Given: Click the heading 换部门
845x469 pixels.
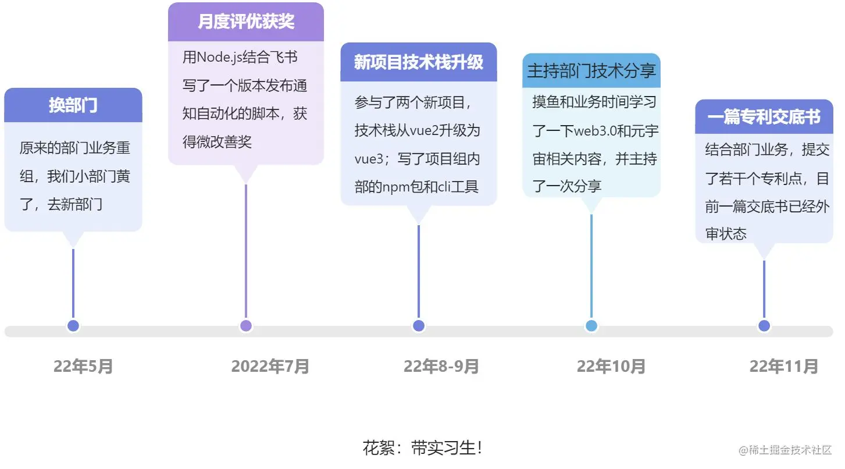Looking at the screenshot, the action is [x=73, y=105].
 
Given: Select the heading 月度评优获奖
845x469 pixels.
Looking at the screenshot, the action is [x=246, y=22].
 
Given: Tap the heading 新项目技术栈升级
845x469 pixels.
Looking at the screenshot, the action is [x=418, y=62].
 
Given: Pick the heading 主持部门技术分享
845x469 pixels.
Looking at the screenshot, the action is [x=591, y=71].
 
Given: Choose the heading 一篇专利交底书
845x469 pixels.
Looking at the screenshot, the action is [x=764, y=118].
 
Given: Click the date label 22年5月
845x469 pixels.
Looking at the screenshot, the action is [x=83, y=367].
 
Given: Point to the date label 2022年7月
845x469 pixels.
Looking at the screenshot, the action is [x=270, y=367].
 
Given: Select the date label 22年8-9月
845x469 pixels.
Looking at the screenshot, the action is [x=441, y=367].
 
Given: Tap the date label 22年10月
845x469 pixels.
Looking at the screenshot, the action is [x=611, y=367].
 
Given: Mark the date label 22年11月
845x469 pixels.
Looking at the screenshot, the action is [x=784, y=367].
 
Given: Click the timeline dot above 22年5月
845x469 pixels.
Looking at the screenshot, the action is [x=73, y=326].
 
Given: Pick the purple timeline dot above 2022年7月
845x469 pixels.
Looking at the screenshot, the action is [x=246, y=326].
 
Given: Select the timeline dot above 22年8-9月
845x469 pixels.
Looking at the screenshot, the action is [x=419, y=326].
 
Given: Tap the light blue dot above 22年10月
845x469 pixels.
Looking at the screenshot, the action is [x=591, y=326].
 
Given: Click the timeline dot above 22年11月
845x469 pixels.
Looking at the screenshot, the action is [x=764, y=326].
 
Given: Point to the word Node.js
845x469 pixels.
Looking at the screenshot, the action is [x=219, y=58].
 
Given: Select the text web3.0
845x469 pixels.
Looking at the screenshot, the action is [x=594, y=131].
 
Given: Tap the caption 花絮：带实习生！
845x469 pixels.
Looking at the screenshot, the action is [x=422, y=448].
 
